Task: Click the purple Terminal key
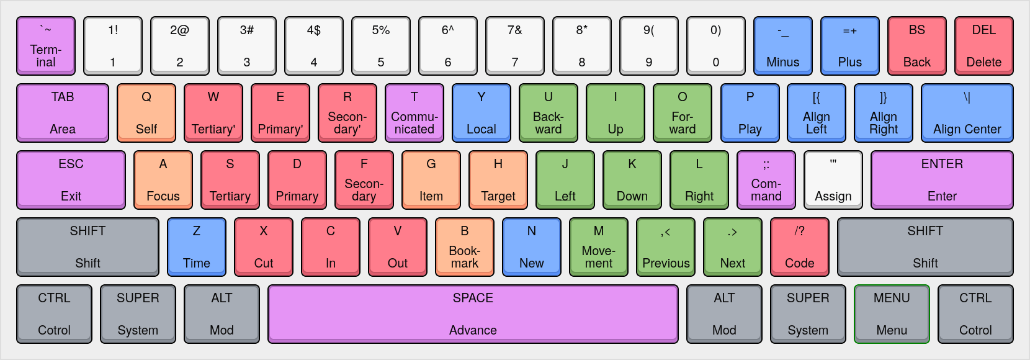[46, 46]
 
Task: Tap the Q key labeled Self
[146, 113]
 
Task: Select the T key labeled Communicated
[414, 113]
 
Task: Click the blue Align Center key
[967, 113]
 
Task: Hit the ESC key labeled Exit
[71, 180]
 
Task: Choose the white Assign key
[833, 180]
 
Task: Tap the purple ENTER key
[942, 180]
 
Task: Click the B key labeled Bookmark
[465, 247]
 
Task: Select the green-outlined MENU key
[892, 314]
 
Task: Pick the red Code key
[799, 247]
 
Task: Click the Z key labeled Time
[197, 247]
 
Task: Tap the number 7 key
[514, 46]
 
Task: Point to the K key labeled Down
[632, 180]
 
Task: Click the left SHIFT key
[87, 247]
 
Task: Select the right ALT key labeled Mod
[724, 314]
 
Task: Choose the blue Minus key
[782, 46]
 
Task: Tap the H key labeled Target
[498, 180]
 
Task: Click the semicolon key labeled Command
[766, 180]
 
